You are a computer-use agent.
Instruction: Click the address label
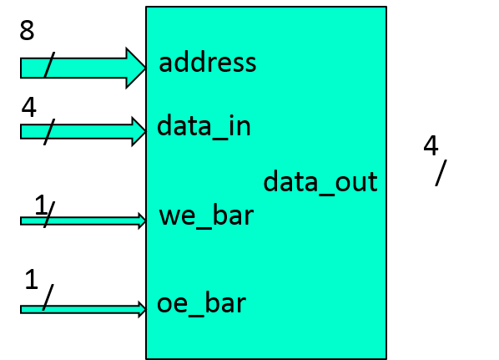point(207,63)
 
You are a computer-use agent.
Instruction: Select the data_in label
point(204,127)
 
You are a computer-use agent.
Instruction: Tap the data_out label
point(320,182)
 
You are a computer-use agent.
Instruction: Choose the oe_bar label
point(201,303)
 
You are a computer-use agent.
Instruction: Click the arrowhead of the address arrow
point(136,68)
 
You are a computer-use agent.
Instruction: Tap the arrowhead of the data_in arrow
point(139,131)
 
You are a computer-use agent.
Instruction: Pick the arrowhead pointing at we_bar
point(141,221)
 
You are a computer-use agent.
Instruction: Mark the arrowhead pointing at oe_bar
point(141,309)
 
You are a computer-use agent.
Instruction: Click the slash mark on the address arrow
point(48,68)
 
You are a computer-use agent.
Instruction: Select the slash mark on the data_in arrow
point(49,131)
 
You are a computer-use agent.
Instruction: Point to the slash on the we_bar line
point(47,221)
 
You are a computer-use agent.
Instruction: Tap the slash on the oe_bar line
point(44,309)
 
